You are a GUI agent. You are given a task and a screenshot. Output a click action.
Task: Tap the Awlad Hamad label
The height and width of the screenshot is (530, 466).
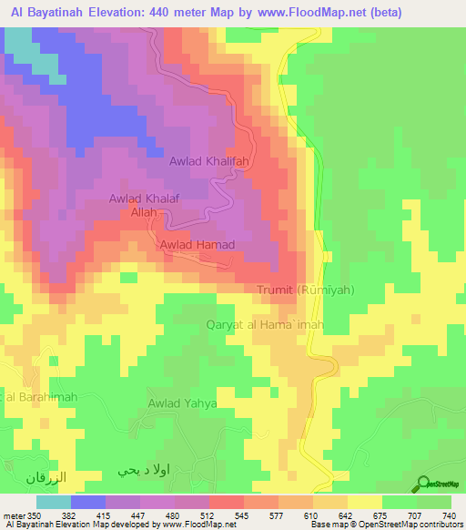tap(198, 245)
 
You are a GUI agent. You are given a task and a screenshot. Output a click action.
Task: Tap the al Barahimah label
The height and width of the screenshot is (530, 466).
tap(37, 396)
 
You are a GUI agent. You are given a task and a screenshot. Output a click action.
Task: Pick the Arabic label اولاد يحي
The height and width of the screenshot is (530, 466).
tap(146, 472)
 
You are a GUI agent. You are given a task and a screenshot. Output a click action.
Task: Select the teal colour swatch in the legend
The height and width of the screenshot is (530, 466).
tap(53, 502)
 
